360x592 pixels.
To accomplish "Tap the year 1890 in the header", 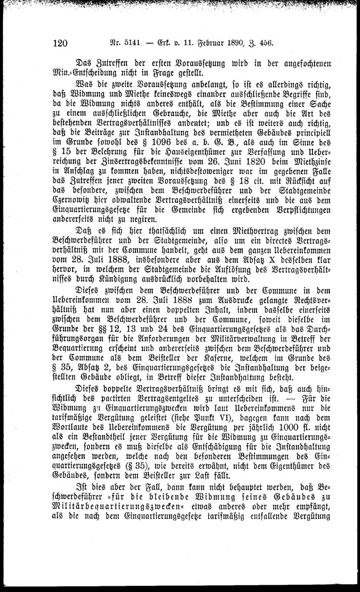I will [232, 42].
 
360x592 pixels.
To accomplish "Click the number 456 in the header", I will [265, 42].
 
